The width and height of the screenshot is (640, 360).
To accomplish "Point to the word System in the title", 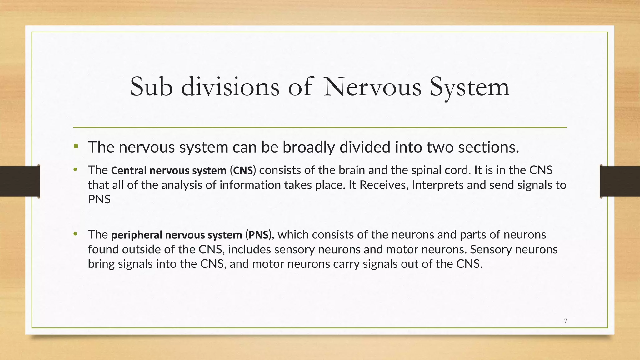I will pos(469,87).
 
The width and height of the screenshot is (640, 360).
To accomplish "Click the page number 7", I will pos(565,321).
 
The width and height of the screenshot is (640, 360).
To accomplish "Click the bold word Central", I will pos(129,170).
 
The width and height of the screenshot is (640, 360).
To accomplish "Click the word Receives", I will pos(384,185).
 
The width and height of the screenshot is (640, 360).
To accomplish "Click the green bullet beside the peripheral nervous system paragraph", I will pos(75,234).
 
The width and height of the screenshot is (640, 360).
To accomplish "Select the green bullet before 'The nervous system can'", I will pos(76,146).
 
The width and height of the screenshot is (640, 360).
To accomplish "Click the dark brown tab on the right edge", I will pos(620,181).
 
